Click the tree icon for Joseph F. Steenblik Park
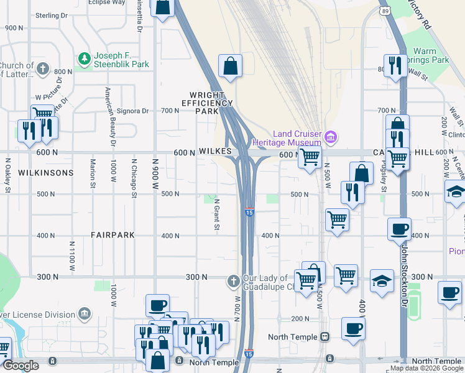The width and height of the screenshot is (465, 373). (x=84, y=58)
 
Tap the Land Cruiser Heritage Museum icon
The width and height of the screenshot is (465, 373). (x=331, y=136)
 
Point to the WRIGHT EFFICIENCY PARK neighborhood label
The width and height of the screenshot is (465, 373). (x=207, y=103)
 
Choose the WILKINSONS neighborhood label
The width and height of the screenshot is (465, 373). (x=46, y=172)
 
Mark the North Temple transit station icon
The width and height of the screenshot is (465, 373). (x=324, y=336)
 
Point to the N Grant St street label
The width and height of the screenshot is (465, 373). (x=217, y=214)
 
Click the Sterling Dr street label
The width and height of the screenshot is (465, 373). (x=51, y=15)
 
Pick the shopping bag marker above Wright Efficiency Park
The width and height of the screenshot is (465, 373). (x=230, y=66)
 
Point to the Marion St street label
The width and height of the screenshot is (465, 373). (x=93, y=173)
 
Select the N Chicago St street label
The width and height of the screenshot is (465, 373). (x=134, y=178)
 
